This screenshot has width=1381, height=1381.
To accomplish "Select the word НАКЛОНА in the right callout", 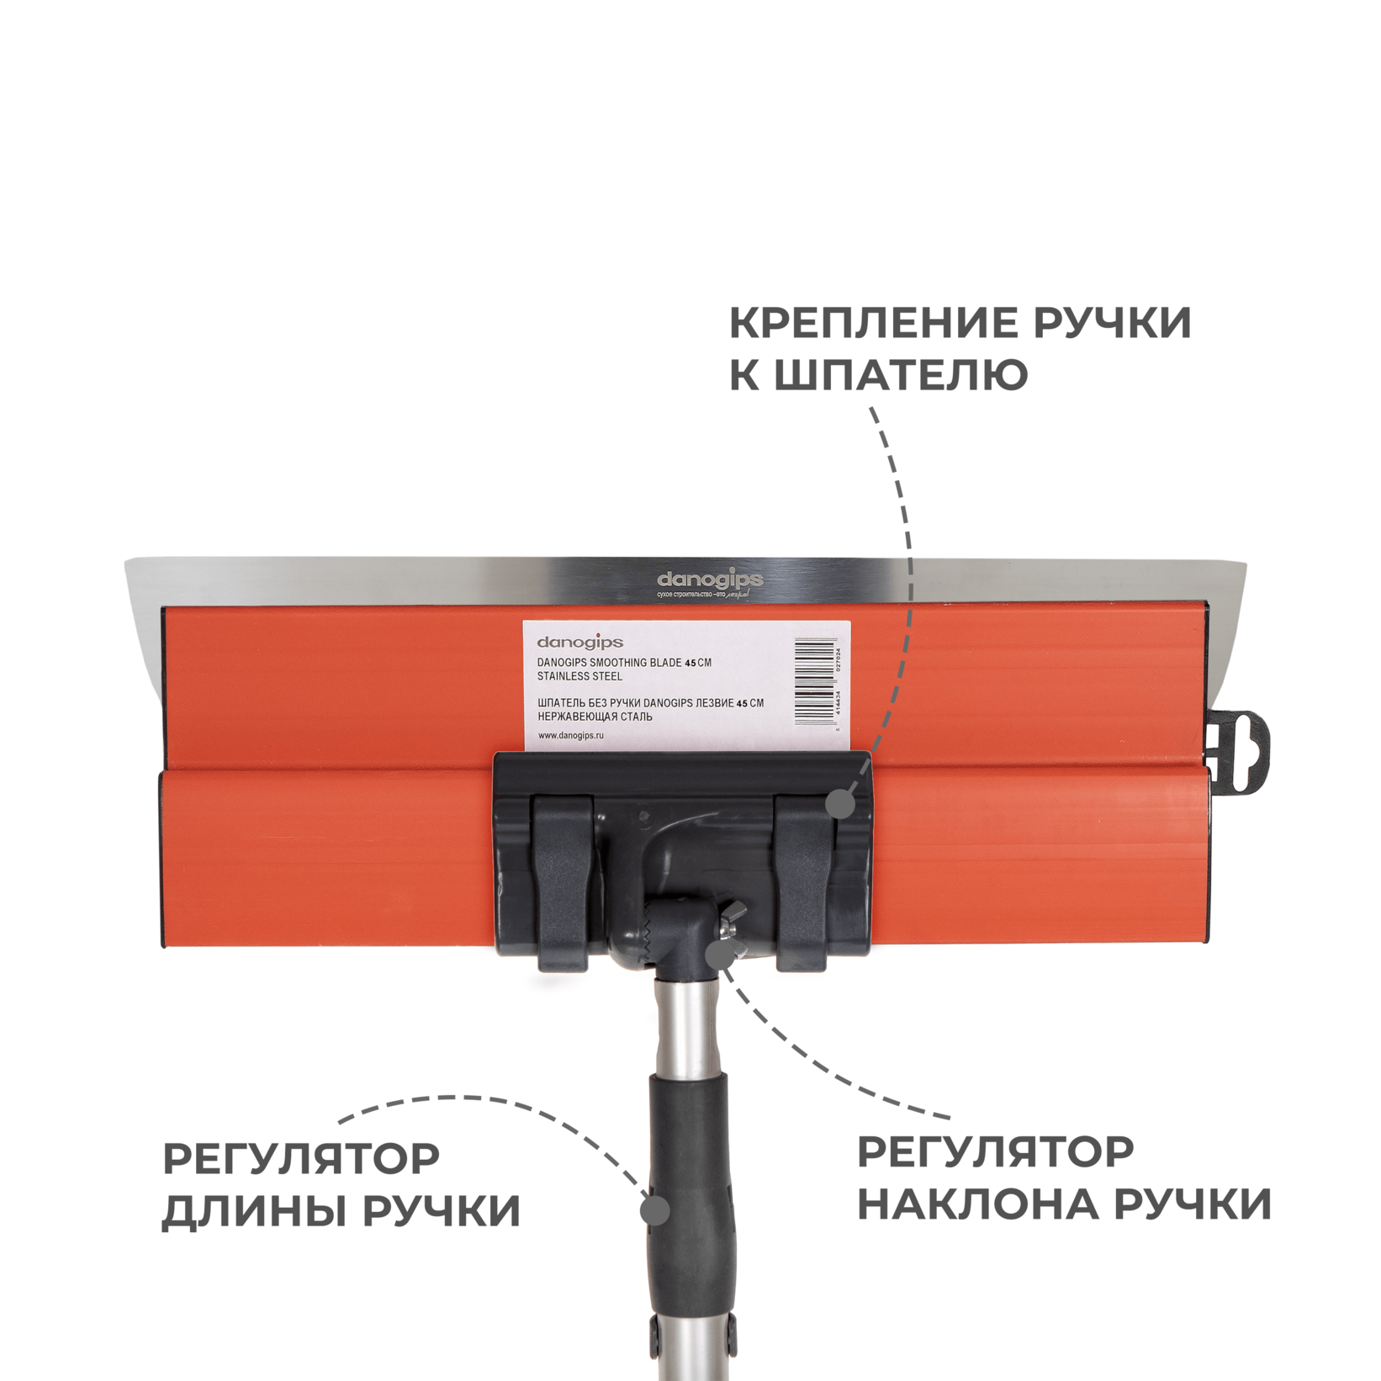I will pyautogui.click(x=979, y=1204).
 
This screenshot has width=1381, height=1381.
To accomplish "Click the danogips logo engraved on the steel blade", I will pyautogui.click(x=710, y=580).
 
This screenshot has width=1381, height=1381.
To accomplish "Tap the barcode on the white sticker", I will pyautogui.click(x=817, y=682).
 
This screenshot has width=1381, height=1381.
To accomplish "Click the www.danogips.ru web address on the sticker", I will pyautogui.click(x=571, y=735).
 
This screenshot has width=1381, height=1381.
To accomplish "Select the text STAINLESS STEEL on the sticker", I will pyautogui.click(x=579, y=676).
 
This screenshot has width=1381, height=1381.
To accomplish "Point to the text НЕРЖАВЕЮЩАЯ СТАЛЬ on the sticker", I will pyautogui.click(x=595, y=717).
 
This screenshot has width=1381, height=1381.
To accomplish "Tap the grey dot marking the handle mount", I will pyautogui.click(x=840, y=804).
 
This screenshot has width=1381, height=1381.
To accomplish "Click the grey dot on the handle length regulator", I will pyautogui.click(x=655, y=1211).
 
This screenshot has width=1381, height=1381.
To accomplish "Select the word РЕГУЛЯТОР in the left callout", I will pyautogui.click(x=301, y=1159).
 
